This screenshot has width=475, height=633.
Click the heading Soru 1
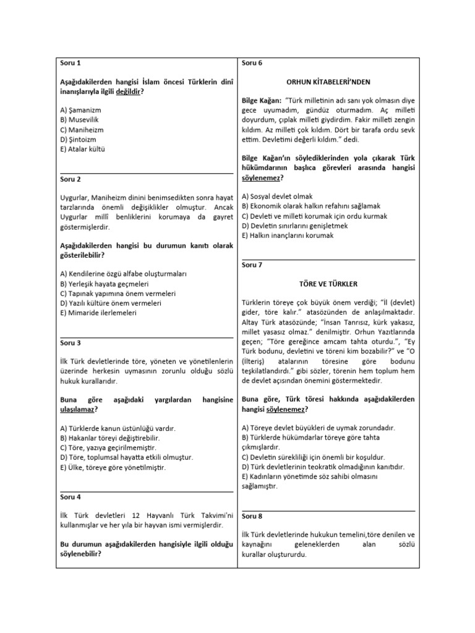click(71, 63)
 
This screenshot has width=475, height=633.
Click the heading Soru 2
click(71, 179)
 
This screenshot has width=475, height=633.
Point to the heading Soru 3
click(71, 342)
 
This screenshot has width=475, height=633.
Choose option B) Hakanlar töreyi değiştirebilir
click(113, 438)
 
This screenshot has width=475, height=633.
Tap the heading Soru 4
click(71, 496)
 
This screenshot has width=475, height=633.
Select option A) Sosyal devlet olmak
click(279, 196)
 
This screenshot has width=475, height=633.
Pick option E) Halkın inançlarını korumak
click(288, 236)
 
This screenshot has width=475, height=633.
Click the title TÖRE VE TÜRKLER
click(328, 284)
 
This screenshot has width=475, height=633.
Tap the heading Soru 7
click(252, 265)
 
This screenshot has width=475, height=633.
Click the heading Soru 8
click(252, 516)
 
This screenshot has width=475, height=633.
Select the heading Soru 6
click(252, 63)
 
